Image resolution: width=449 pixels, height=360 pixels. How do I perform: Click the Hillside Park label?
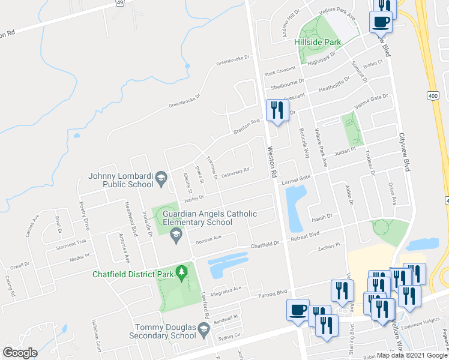tap(318, 42)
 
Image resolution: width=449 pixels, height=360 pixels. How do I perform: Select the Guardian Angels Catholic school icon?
tap(176, 239)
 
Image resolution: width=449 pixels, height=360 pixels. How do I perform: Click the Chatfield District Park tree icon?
tap(181, 274)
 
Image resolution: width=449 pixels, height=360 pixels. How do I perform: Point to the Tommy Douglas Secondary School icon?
tap(204, 328)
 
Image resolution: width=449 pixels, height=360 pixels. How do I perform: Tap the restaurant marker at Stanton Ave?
tap(277, 111)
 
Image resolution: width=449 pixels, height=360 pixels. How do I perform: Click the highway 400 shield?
tap(433, 95)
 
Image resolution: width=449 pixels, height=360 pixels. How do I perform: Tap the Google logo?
tap(20, 353)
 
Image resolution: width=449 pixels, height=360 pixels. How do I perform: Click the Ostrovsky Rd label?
tap(235, 172)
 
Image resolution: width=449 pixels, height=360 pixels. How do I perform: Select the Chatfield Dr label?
tap(266, 244)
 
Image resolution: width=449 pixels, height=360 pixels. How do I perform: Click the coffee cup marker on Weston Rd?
tap(298, 310)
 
